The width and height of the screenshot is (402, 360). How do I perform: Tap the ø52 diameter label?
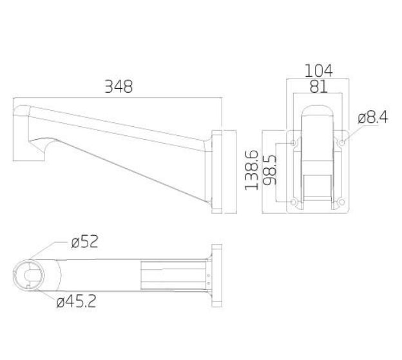[x=84, y=242]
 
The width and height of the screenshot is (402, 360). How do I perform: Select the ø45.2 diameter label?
[x=77, y=301]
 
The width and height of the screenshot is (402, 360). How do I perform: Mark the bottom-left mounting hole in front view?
[x=294, y=203]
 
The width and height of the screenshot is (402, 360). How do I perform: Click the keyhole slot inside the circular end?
[x=30, y=274]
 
